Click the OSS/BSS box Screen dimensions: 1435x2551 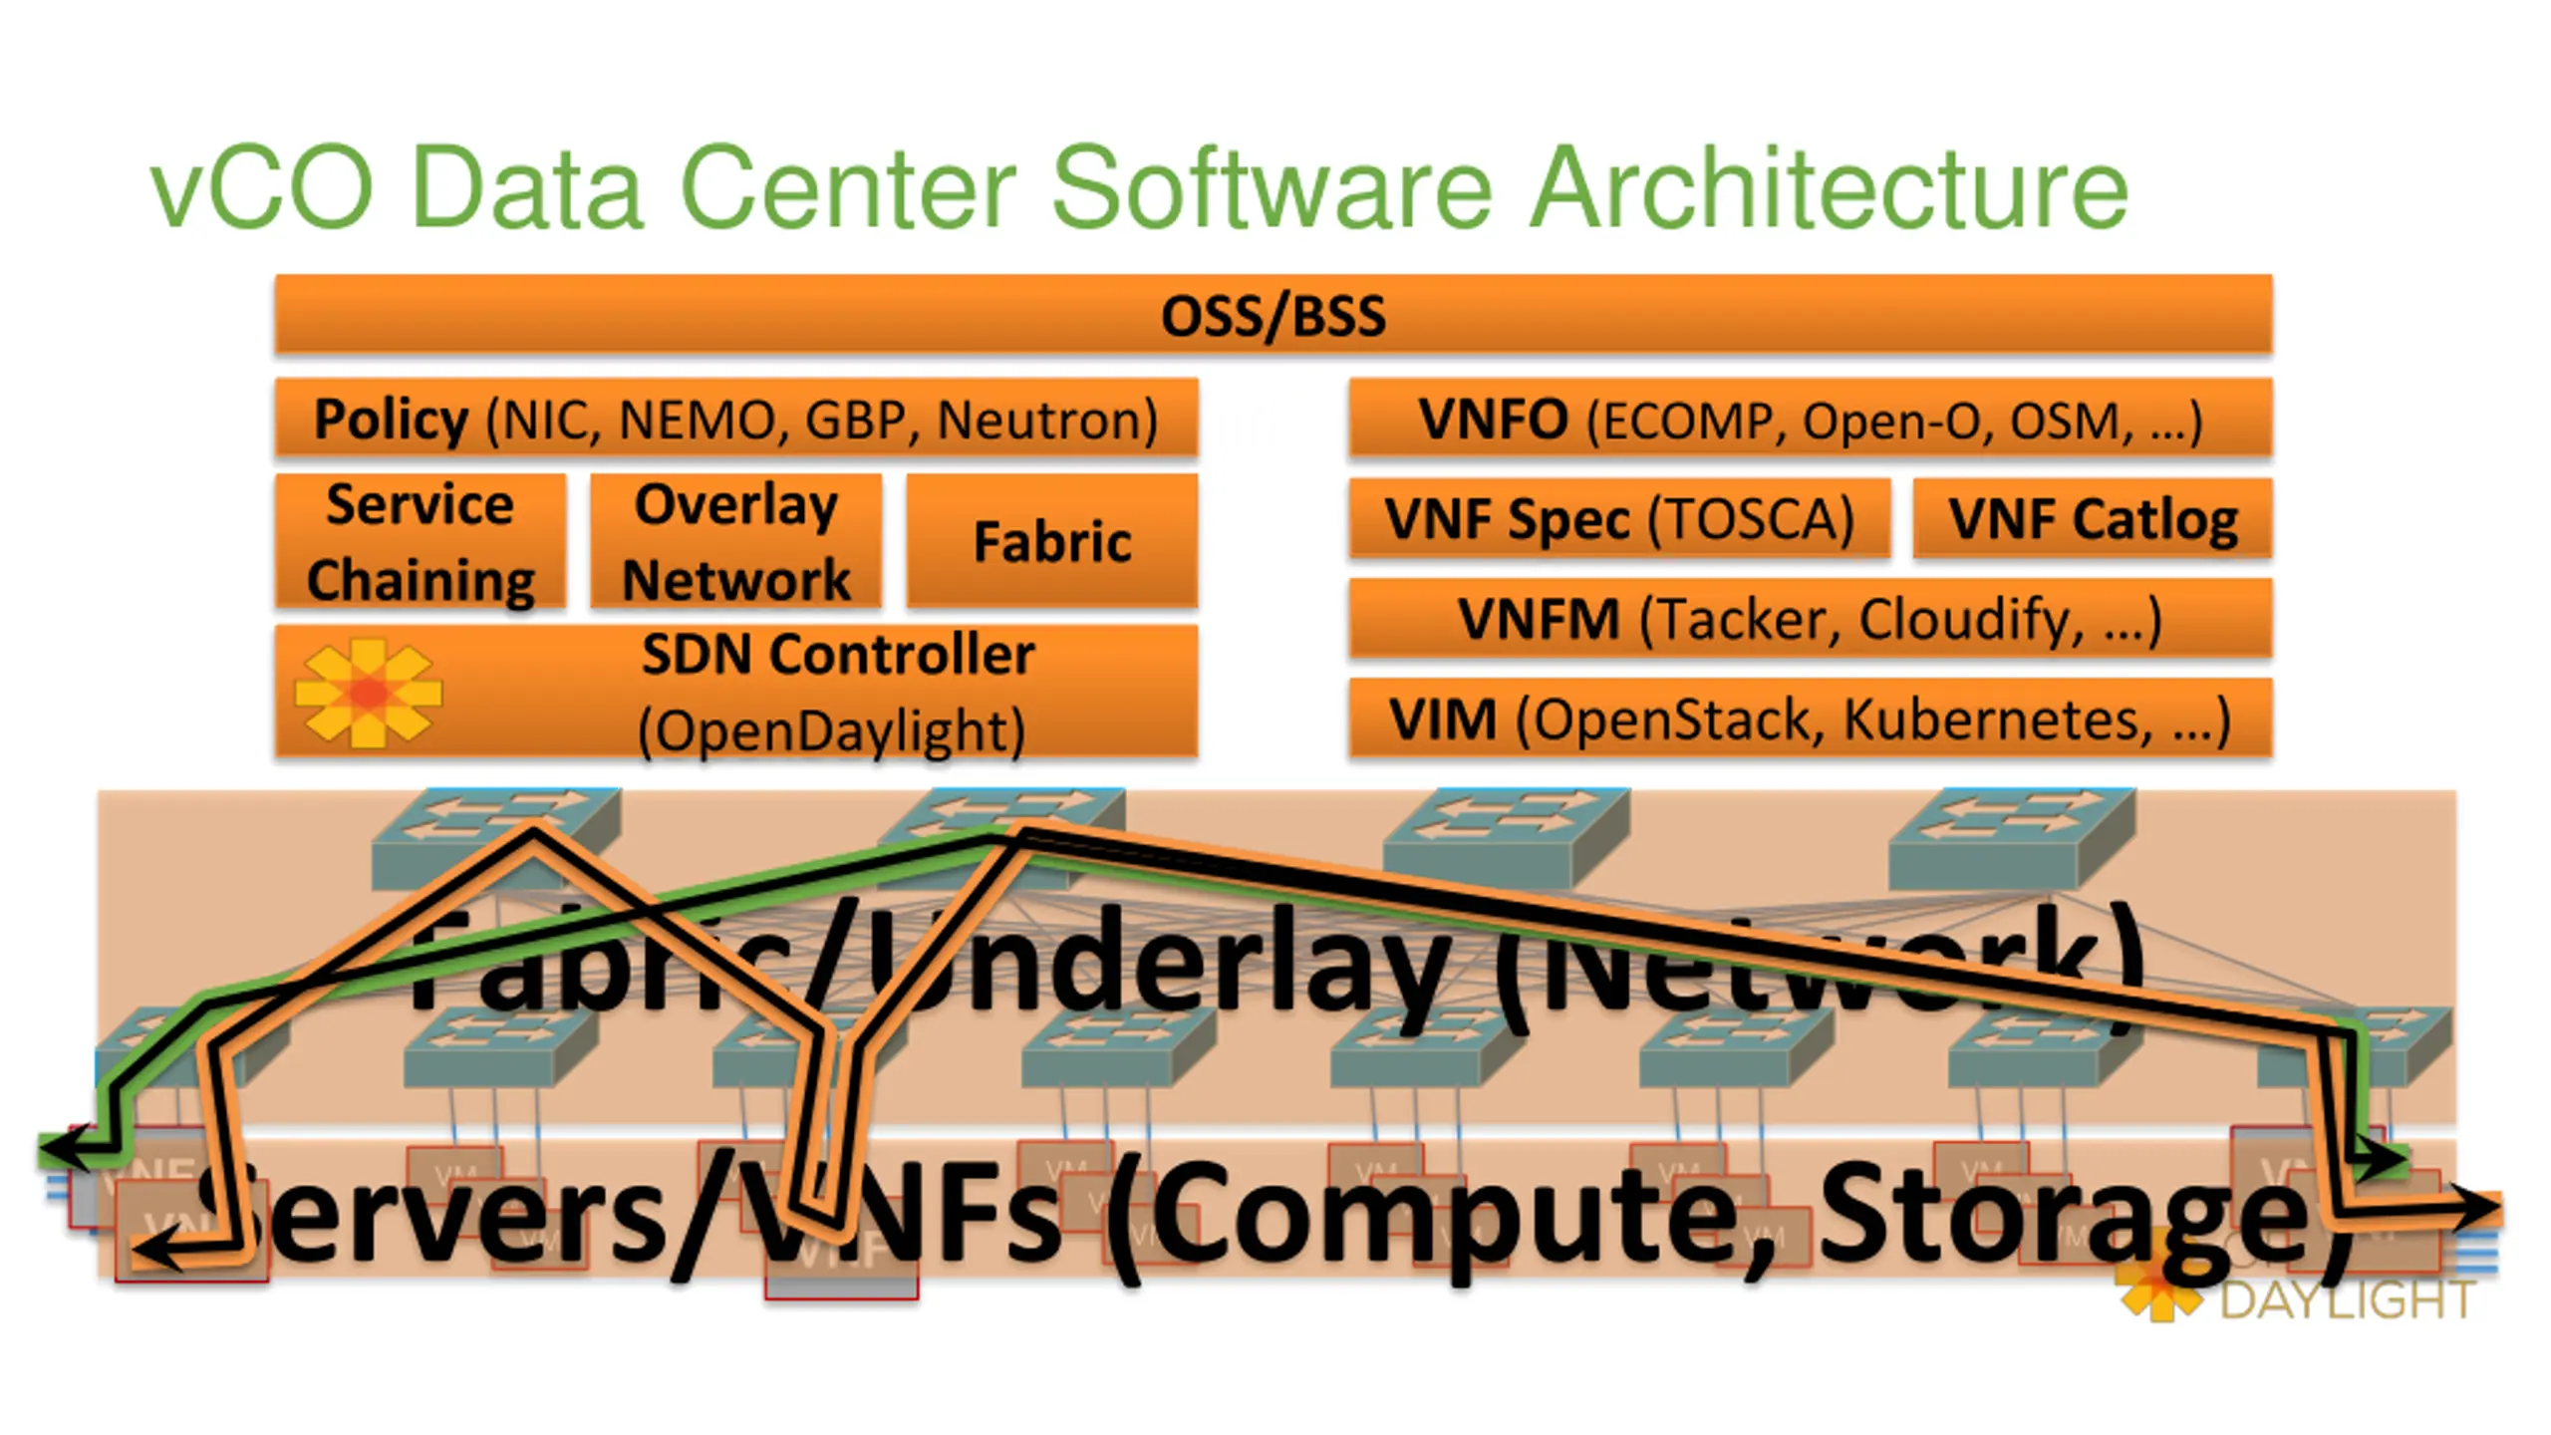click(1274, 315)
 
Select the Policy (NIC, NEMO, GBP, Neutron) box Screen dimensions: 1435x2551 click(735, 419)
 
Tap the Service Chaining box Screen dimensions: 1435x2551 click(421, 541)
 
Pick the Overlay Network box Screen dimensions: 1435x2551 click(735, 541)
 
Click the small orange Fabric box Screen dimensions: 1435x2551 click(1052, 541)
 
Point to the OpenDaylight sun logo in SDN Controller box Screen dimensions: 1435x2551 click(369, 693)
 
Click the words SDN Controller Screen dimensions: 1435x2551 click(837, 656)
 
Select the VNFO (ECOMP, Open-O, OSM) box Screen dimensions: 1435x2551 click(1810, 419)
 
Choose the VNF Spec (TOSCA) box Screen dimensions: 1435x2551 click(1619, 518)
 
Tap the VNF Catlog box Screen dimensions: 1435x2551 click(2093, 518)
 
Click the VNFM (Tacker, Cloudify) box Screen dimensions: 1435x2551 click(1810, 618)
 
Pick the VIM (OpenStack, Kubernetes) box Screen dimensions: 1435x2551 click(1810, 718)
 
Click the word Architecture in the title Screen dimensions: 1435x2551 click(1829, 187)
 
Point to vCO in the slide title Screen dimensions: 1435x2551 click(261, 187)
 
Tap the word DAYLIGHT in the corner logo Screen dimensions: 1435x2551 click(2348, 1299)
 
